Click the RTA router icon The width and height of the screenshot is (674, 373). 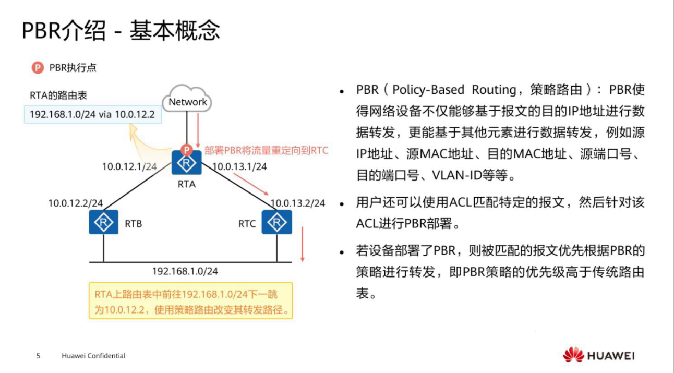pos(186,163)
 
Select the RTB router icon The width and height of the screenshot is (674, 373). pos(103,223)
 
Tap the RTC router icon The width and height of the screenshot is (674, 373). pos(276,223)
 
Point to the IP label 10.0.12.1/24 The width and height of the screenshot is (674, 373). pos(129,167)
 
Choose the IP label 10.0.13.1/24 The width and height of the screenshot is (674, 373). pos(240,167)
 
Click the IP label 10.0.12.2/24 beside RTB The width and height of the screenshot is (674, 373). pos(76,203)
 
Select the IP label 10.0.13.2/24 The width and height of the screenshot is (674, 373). pos(298,203)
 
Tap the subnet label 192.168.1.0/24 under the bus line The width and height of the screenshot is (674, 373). pos(185,271)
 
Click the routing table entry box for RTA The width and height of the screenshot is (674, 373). pos(92,114)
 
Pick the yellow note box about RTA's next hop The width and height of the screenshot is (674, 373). pos(190,301)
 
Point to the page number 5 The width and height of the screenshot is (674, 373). pos(38,356)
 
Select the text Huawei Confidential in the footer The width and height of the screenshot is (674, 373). pos(93,356)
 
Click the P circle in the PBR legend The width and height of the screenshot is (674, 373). pos(38,67)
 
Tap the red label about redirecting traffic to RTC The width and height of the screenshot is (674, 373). pos(267,151)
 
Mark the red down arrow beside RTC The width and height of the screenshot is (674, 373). pos(302,245)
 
